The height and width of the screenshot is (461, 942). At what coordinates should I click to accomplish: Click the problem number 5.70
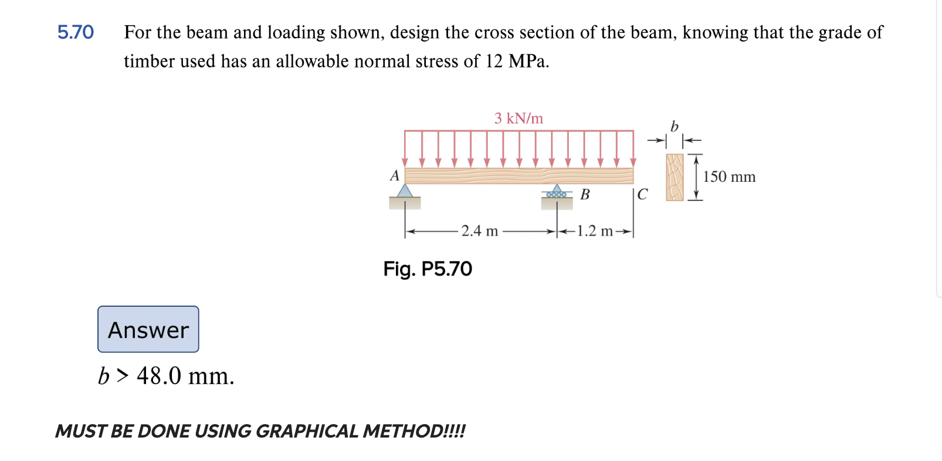(x=76, y=32)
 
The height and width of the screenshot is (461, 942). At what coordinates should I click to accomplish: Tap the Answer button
(x=148, y=330)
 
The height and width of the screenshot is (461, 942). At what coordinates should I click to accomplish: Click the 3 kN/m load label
(x=519, y=118)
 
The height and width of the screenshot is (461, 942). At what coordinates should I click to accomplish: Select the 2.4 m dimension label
(x=479, y=231)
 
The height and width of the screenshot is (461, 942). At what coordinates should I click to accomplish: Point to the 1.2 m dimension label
(x=594, y=231)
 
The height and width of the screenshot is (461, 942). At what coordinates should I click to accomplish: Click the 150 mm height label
(x=729, y=177)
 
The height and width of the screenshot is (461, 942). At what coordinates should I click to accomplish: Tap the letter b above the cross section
(x=675, y=127)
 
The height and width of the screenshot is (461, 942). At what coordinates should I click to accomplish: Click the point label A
(x=395, y=176)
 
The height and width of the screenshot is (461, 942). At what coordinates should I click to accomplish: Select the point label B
(x=585, y=195)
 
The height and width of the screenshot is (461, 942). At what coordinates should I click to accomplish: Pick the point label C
(x=643, y=195)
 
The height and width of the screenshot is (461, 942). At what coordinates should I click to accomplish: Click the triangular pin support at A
(x=405, y=191)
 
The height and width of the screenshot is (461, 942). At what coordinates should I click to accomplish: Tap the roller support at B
(x=557, y=192)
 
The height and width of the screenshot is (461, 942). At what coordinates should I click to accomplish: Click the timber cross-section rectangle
(x=675, y=177)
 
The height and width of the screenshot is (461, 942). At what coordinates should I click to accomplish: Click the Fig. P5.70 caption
(x=427, y=269)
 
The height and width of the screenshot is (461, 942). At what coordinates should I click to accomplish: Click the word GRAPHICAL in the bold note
(x=307, y=432)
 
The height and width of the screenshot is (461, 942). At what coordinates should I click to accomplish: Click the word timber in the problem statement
(x=150, y=61)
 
